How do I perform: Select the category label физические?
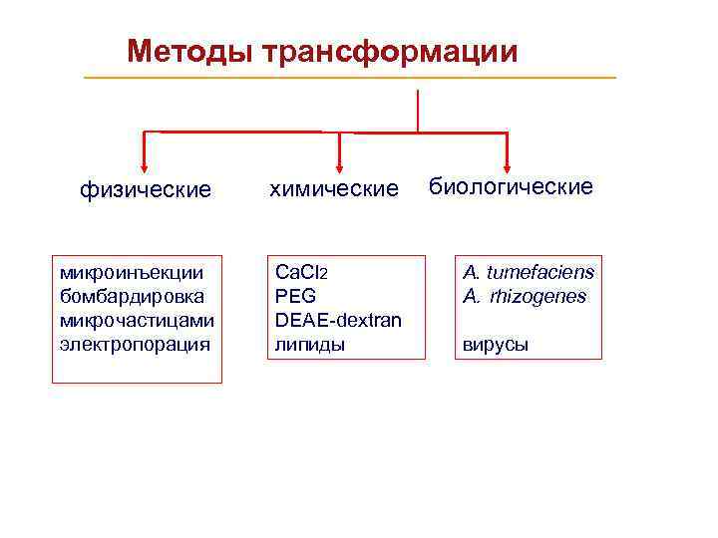point(146,189)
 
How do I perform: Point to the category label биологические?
point(511,186)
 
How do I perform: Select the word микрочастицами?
point(137,320)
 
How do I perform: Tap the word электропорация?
point(135,345)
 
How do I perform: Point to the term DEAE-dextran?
point(338,320)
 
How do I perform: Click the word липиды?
point(309,345)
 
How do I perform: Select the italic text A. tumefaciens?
point(528,272)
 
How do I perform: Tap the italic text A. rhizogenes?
point(525,296)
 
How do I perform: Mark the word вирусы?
point(495,345)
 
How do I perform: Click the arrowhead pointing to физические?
point(145,165)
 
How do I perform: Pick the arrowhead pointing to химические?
point(340,165)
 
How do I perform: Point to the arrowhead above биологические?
point(508,165)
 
